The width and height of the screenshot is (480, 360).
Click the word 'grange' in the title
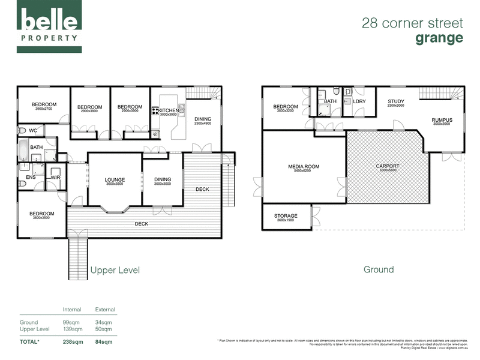440,38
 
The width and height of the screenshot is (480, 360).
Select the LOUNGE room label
114,179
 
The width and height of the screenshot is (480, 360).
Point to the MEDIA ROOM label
304,166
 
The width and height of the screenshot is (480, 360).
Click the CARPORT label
387,166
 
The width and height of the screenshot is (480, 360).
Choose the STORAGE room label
286,216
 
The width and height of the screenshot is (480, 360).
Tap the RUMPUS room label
442,120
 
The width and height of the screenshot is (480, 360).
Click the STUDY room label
396,101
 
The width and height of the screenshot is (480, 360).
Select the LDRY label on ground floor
359,101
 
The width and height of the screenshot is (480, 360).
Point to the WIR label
56,178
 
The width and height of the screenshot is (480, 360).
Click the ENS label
30,178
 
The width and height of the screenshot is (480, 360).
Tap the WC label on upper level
33,130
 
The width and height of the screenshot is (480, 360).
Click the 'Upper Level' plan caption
115,271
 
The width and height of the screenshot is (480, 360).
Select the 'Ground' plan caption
379,269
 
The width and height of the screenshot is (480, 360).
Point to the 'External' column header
105,310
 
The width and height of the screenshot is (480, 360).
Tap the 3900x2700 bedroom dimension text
44,109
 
